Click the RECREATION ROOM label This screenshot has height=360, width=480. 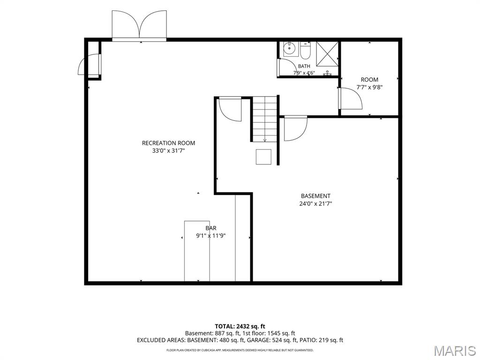tap(168, 143)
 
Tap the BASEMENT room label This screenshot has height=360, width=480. tap(315, 196)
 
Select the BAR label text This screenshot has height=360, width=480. tap(211, 228)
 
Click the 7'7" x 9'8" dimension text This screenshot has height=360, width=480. tap(369, 87)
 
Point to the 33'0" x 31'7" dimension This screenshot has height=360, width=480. tap(169, 150)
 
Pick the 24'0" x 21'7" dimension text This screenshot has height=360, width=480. tap(315, 203)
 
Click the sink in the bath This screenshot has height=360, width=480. tap(289, 49)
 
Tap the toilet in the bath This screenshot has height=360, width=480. tap(306, 51)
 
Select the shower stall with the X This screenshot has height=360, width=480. tap(327, 54)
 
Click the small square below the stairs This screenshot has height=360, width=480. tap(263, 157)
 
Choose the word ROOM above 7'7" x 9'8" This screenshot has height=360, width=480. tap(369, 80)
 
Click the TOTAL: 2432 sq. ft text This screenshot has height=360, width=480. tap(240, 326)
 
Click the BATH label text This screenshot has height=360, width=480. tap(304, 66)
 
